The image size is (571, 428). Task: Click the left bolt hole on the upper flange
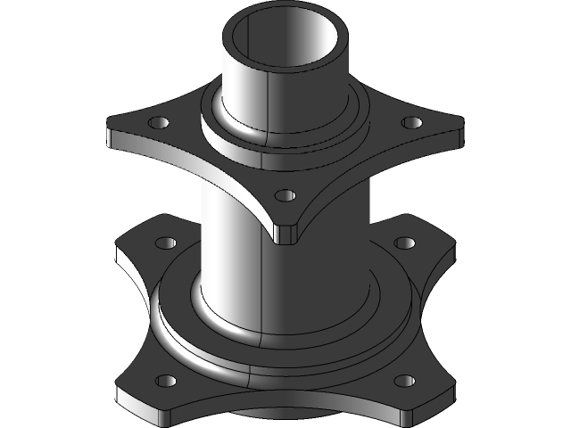(x=160, y=122)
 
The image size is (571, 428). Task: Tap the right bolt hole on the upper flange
(x=411, y=122)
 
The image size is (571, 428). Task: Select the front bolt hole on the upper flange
(x=284, y=195)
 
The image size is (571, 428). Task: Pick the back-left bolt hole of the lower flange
(x=165, y=243)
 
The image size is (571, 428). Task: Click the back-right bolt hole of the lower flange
(x=404, y=243)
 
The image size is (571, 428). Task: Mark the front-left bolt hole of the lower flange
(x=166, y=382)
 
